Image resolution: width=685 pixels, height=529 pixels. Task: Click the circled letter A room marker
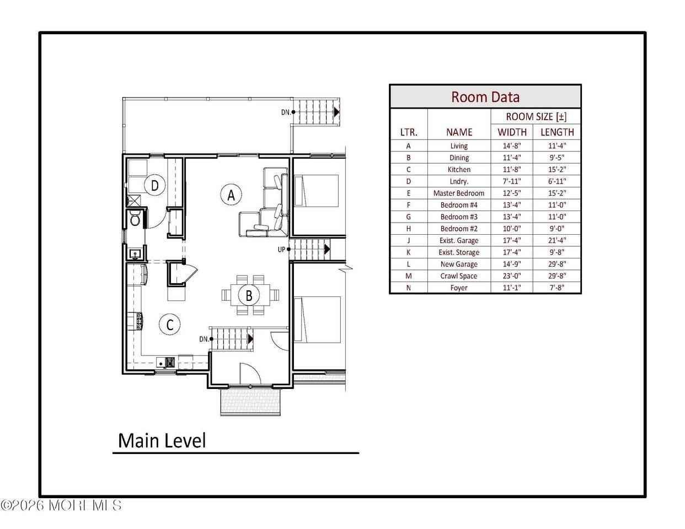(x=231, y=195)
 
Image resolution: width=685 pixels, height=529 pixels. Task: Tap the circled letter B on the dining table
(x=249, y=295)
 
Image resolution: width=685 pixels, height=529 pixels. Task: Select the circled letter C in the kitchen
(x=169, y=325)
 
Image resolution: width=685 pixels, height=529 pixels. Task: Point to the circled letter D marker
(x=155, y=186)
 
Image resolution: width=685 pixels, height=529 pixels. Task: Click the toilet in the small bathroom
(x=135, y=218)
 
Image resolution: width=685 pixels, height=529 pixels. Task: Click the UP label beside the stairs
(x=281, y=250)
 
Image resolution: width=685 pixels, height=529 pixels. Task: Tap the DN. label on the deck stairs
(x=286, y=112)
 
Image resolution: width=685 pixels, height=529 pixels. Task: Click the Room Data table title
(x=485, y=96)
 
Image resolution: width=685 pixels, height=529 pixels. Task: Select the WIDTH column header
(x=512, y=132)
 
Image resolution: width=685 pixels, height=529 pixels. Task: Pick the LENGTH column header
(x=557, y=132)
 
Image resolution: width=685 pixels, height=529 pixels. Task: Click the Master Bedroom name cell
(x=459, y=193)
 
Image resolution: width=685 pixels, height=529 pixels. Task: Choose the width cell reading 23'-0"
(x=512, y=276)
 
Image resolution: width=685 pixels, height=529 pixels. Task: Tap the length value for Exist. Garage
(x=557, y=240)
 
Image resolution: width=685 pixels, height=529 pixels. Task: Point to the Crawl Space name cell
(x=459, y=276)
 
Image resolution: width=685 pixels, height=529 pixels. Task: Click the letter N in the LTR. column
(x=409, y=288)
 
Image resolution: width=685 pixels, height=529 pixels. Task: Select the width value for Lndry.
(x=512, y=181)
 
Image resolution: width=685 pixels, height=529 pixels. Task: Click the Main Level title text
(x=162, y=440)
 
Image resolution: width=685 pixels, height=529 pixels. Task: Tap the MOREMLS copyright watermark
(x=61, y=505)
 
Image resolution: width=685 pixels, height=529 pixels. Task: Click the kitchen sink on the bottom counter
(x=161, y=363)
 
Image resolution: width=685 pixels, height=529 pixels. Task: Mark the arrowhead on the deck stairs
(x=336, y=112)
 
